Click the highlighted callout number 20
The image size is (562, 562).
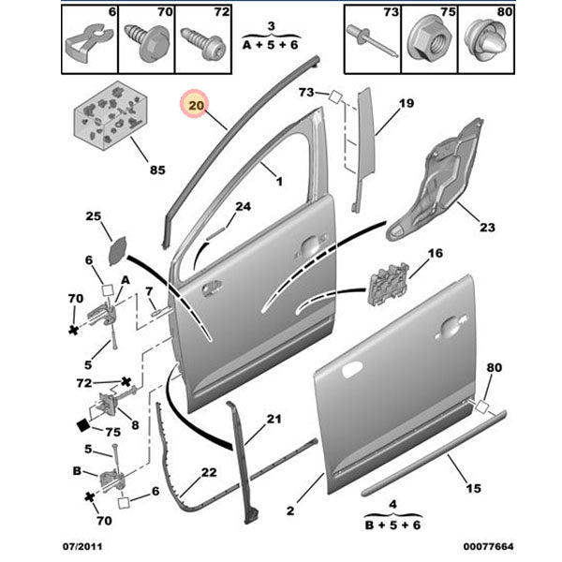[195, 107]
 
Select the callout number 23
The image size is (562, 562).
[487, 227]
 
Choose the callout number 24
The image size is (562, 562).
[243, 207]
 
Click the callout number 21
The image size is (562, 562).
[274, 418]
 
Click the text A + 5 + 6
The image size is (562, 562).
[270, 44]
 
